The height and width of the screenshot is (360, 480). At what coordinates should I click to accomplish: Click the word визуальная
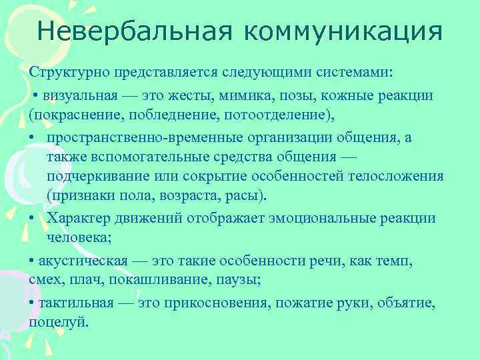pos(77,95)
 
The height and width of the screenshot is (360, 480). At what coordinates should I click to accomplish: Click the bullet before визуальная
pos(35,95)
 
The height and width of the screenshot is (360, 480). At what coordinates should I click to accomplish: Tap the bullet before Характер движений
pos(33,218)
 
